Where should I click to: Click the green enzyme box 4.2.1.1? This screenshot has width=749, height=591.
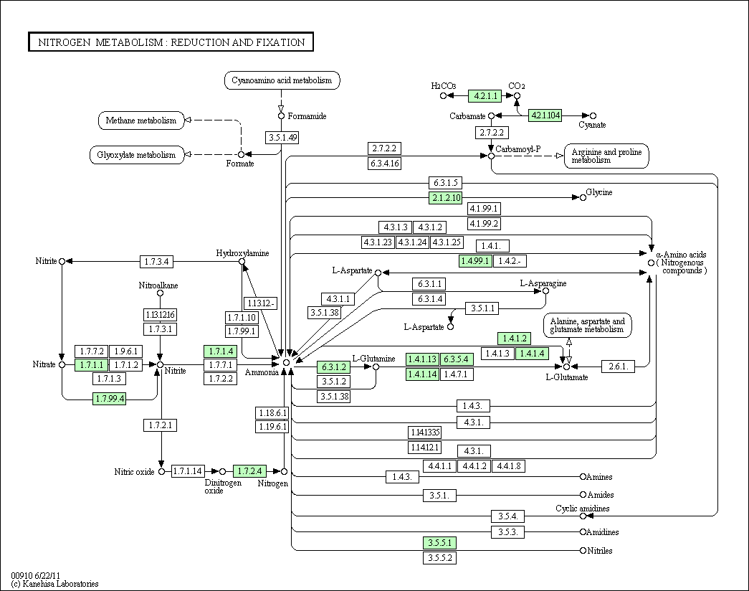[x=485, y=95]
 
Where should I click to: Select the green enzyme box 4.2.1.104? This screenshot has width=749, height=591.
[x=545, y=115]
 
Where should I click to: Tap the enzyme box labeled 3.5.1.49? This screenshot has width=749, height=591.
[x=282, y=137]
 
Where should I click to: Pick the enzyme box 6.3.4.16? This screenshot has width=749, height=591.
[x=384, y=163]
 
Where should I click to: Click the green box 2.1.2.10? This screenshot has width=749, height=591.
[x=446, y=197]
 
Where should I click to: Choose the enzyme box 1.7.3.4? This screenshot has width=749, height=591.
[x=157, y=262]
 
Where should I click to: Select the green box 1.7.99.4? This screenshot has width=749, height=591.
[x=110, y=398]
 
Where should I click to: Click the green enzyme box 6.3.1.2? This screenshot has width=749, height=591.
[x=333, y=367]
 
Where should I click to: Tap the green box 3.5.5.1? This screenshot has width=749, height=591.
[x=439, y=543]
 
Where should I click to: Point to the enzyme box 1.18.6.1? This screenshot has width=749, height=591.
[x=272, y=412]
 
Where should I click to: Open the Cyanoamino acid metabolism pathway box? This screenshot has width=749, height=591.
[x=282, y=80]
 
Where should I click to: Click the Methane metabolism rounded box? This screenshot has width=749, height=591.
[x=141, y=120]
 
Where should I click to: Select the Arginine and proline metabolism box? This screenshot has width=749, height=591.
[x=606, y=156]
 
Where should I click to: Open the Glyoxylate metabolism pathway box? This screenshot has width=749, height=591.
[x=137, y=155]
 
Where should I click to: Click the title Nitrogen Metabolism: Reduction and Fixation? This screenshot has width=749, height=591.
[x=171, y=42]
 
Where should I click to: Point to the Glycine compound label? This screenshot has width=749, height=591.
[x=599, y=192]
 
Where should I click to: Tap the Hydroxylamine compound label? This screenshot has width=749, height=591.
[x=242, y=253]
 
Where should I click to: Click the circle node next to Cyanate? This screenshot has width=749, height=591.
[x=593, y=115]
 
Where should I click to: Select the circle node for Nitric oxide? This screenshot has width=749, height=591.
[x=161, y=471]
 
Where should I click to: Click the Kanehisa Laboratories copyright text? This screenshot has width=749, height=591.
[x=54, y=584]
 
